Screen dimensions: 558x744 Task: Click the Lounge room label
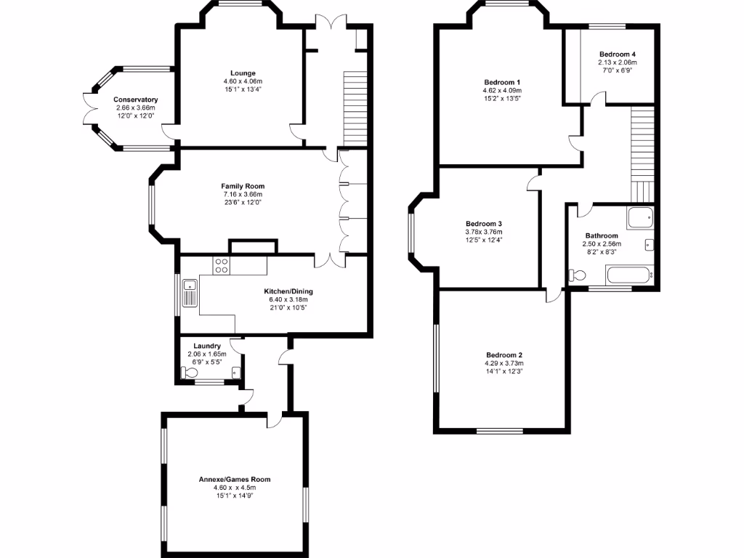pyautogui.click(x=242, y=73)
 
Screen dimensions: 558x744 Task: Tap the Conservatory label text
pyautogui.click(x=135, y=100)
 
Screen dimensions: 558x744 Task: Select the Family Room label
pyautogui.click(x=242, y=186)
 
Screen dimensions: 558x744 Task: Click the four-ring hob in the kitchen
pyautogui.click(x=222, y=266)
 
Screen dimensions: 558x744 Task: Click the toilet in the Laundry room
pyautogui.click(x=190, y=373)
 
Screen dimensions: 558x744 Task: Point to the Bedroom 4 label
pyautogui.click(x=617, y=54)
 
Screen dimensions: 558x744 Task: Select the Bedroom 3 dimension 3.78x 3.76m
pyautogui.click(x=483, y=232)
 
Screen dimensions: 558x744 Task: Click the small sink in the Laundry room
pyautogui.click(x=235, y=373)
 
